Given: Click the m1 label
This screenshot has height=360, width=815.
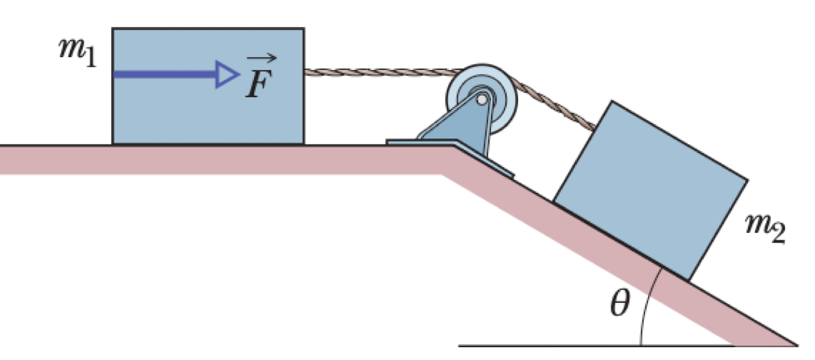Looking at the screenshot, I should point(77,56).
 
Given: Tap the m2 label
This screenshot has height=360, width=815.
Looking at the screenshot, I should point(765,232).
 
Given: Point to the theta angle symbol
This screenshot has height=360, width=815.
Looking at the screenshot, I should point(618,305).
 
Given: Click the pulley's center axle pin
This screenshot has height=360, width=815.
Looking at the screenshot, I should point(482,100).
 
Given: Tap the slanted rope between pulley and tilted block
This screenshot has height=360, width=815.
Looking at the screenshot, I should point(560,107).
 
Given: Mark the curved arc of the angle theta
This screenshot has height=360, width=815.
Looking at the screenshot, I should point(646,306).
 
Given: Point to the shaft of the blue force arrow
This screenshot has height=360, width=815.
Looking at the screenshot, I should point(163,73).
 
